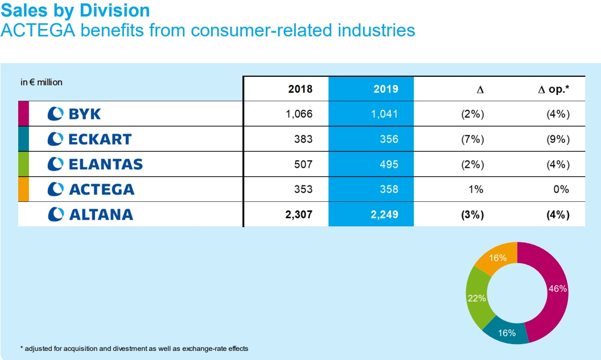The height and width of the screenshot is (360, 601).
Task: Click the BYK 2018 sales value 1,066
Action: pos(299,114)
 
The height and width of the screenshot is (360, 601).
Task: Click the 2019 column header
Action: pos(386,89)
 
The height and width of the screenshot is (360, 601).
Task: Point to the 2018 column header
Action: pos(300,89)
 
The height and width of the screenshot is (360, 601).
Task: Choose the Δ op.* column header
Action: pos(554,89)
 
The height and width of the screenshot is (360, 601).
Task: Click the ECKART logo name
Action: pos(90,139)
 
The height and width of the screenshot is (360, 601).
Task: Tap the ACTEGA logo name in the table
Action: pos(92,189)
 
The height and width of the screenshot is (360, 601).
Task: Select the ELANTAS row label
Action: pos(95,164)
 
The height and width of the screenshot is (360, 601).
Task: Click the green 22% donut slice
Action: pos(476,298)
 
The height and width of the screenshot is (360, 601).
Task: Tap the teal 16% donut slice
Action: pos(506,333)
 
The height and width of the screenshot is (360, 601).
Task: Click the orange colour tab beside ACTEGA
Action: pos(23,189)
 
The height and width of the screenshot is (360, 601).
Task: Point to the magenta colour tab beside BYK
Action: pos(23,114)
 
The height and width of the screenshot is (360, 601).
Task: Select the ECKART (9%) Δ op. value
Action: pos(558,139)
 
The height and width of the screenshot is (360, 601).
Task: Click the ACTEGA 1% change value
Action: pos(475,189)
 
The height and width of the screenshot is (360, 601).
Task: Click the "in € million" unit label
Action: pos(42,82)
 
